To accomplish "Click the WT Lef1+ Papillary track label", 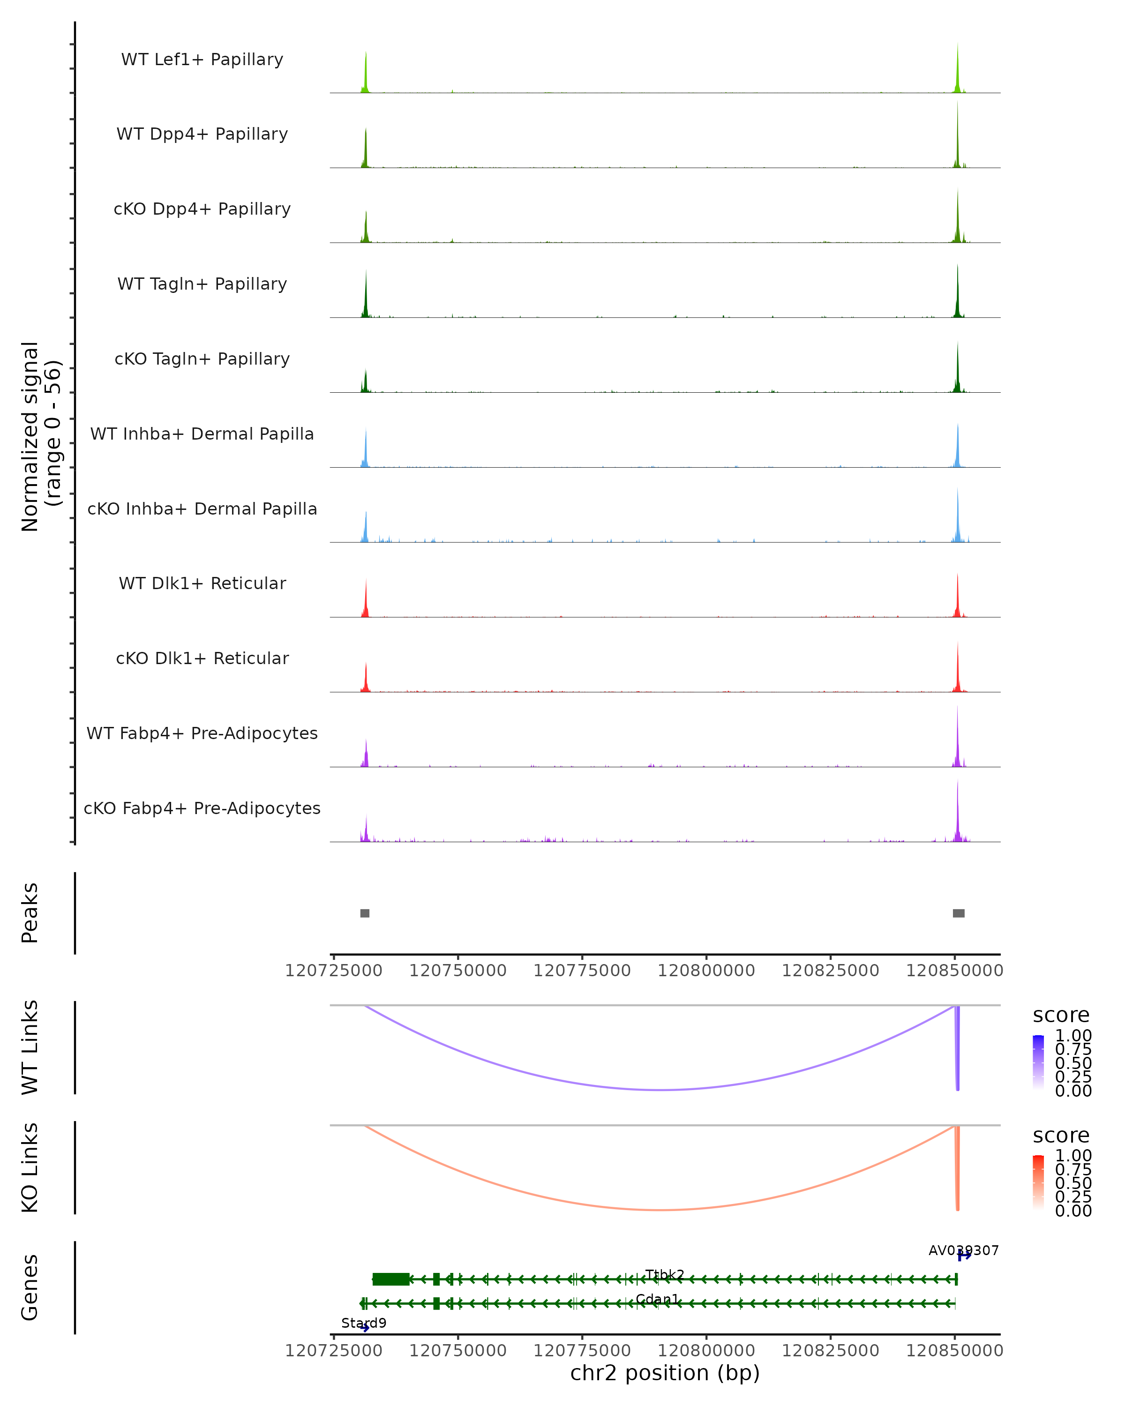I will pyautogui.click(x=202, y=60).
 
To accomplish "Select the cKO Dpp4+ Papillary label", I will pyautogui.click(x=202, y=209).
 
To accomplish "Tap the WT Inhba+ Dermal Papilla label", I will pyautogui.click(x=202, y=434).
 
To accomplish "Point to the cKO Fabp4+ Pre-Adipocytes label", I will pyautogui.click(x=202, y=808).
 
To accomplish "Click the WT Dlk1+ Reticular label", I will pyautogui.click(x=202, y=583).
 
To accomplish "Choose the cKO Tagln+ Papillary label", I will pyautogui.click(x=202, y=359).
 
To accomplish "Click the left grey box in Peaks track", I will pyautogui.click(x=365, y=913).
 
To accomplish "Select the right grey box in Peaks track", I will pyautogui.click(x=958, y=913).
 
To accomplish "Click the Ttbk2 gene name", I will pyautogui.click(x=665, y=1274).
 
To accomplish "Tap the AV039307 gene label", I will pyautogui.click(x=963, y=1250).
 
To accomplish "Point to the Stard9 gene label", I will pyautogui.click(x=364, y=1323).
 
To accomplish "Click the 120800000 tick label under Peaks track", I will pyautogui.click(x=706, y=971).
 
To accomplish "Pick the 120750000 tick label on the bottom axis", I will pyautogui.click(x=458, y=1351).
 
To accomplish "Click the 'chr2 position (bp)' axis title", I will pyautogui.click(x=665, y=1373).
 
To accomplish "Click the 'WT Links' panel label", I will pyautogui.click(x=30, y=1047).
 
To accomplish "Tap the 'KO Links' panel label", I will pyautogui.click(x=30, y=1167).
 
